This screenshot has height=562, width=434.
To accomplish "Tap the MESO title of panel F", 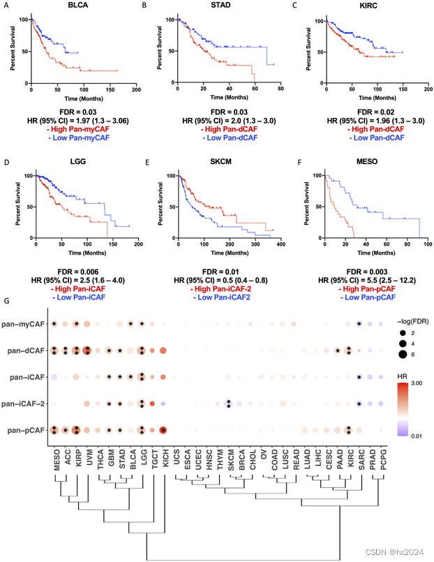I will pyautogui.click(x=368, y=161).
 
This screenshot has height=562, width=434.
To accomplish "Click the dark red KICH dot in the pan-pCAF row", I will pyautogui.click(x=163, y=430).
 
